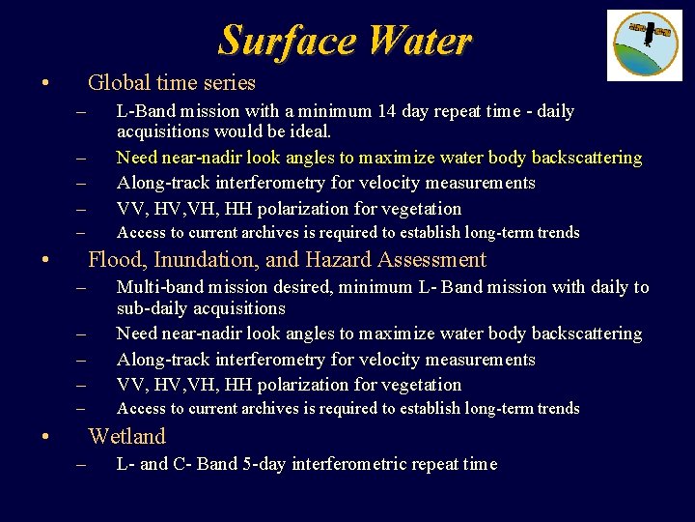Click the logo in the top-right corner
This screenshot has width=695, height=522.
coord(644,44)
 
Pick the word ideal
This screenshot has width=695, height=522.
coord(307,131)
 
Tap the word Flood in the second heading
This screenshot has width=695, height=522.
coord(113,260)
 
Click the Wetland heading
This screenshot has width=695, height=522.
coord(126,436)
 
